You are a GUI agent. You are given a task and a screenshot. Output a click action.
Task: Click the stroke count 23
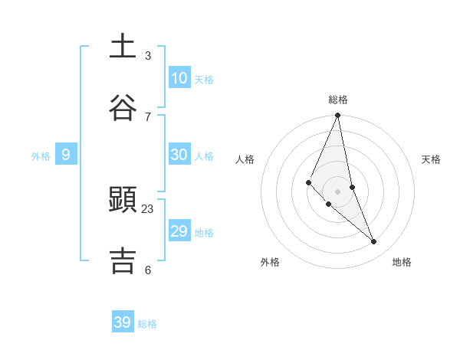[x=148, y=208]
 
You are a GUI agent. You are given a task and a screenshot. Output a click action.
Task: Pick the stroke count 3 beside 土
[x=148, y=56]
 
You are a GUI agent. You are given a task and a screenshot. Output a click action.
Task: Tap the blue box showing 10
[x=179, y=78]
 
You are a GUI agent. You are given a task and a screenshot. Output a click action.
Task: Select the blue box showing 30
[x=179, y=155]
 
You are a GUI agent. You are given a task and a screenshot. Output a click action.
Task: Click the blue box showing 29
[x=179, y=231]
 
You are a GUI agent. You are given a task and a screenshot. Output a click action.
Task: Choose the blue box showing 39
[x=123, y=322]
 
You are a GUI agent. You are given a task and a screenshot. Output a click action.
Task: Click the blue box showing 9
[x=66, y=155]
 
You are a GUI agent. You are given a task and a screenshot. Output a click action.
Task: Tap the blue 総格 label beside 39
[x=147, y=324]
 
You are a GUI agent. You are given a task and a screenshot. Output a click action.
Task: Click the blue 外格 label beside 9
[x=41, y=156]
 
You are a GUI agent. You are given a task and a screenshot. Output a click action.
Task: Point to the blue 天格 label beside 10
[x=204, y=80]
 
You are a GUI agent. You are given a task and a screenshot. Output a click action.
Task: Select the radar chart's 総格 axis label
[x=338, y=100]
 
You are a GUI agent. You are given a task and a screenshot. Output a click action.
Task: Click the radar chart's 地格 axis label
[x=402, y=262]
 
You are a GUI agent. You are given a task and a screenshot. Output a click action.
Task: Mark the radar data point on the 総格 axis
[x=338, y=116]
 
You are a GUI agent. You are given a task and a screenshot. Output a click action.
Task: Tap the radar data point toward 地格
[x=374, y=242]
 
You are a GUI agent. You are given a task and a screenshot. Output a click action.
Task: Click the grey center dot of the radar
[x=338, y=191]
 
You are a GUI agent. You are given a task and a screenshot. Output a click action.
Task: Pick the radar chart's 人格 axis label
[x=245, y=159]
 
